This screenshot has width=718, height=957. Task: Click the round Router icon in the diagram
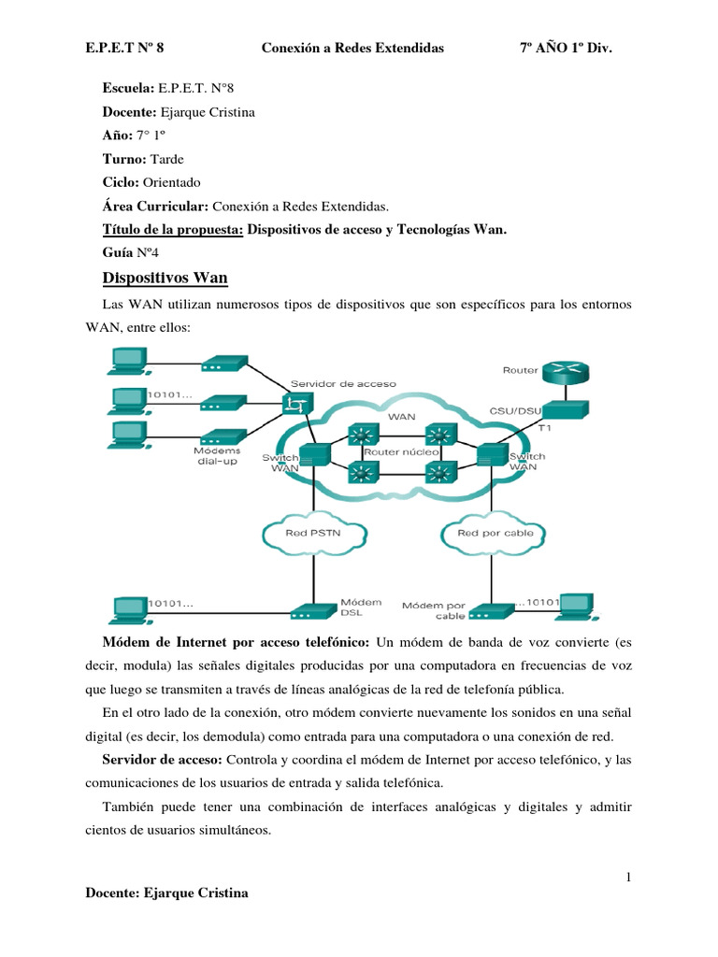(565, 370)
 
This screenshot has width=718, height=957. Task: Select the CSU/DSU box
(565, 409)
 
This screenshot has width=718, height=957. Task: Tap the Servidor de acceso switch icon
(297, 403)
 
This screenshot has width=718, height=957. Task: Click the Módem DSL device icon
(309, 613)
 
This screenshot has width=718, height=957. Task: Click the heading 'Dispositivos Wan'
(164, 279)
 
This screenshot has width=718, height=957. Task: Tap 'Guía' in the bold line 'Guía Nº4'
(117, 252)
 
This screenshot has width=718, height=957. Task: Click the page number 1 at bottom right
(630, 877)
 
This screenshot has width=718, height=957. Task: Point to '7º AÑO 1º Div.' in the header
(565, 47)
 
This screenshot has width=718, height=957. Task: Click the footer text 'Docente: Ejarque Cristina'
(166, 893)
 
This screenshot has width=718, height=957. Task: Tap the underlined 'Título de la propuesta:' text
(172, 229)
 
